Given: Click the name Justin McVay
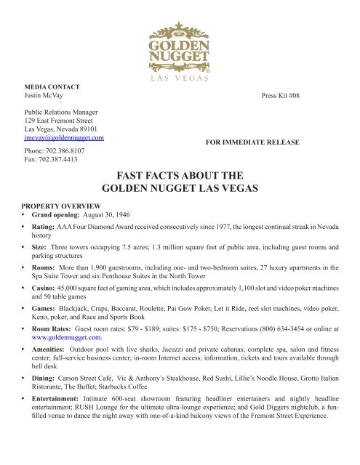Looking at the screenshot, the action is (x=44, y=95).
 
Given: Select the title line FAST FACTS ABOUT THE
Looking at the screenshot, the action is (x=180, y=175).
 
